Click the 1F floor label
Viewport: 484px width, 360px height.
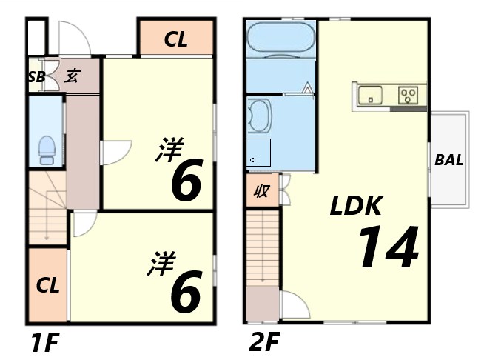(x=44, y=344)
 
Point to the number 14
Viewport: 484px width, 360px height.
(x=389, y=248)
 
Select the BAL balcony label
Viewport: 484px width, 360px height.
(x=449, y=160)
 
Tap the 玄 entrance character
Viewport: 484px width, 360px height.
(x=73, y=76)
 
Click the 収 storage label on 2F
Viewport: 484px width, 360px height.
(x=261, y=192)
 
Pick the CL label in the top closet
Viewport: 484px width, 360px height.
(x=176, y=39)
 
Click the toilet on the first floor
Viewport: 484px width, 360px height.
(x=47, y=150)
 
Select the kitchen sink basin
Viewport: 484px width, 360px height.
(x=370, y=96)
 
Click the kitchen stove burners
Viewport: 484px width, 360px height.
(x=409, y=95)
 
